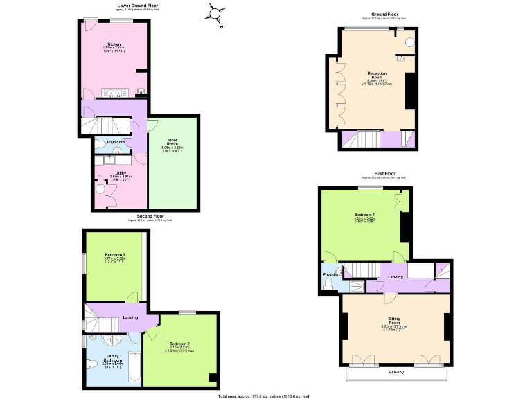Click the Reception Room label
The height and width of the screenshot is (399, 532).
point(377,76)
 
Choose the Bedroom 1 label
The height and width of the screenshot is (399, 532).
point(364,215)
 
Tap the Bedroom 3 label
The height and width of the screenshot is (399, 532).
point(115,254)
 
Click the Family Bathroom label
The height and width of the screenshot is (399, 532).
point(112,360)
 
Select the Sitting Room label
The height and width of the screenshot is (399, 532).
point(393,321)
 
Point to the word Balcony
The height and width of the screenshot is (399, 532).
point(395,371)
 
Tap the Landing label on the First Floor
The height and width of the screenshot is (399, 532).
point(396,277)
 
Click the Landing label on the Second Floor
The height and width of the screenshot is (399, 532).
point(130,318)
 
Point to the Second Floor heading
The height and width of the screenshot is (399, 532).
point(149,216)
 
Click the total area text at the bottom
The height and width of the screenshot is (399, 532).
point(265,396)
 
